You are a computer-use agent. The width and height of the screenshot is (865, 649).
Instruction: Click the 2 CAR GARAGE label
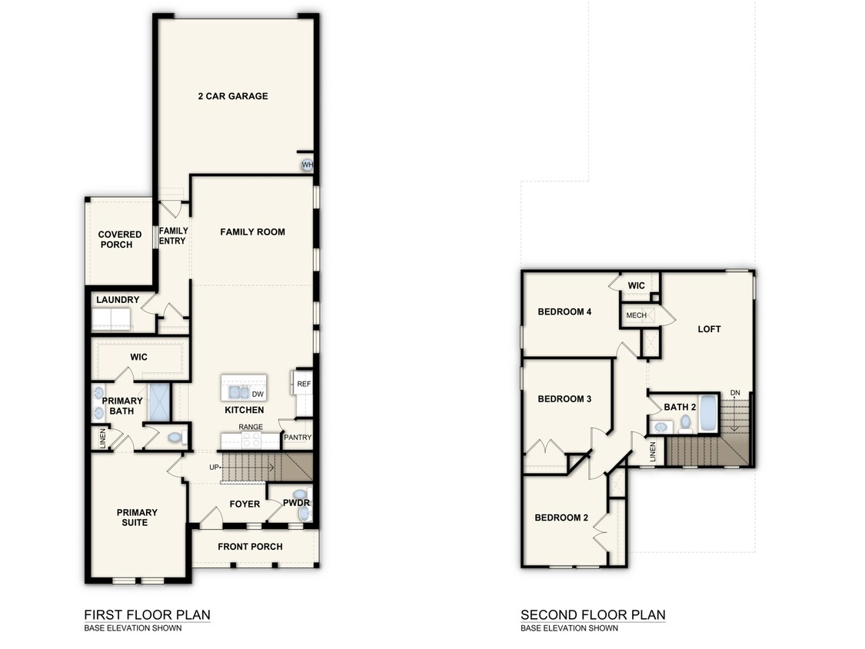tap(232, 96)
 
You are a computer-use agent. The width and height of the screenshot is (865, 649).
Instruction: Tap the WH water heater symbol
tap(307, 165)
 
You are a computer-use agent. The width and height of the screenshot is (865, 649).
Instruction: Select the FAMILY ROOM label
tap(252, 231)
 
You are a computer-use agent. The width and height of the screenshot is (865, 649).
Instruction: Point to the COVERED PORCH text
tap(120, 239)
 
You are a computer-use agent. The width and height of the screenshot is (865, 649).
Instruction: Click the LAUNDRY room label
tap(118, 300)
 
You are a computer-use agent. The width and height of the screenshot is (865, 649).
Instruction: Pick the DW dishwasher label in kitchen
tap(258, 394)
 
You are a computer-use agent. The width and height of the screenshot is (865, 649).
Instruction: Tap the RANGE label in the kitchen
tap(251, 427)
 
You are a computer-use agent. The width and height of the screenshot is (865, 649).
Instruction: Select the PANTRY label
tap(297, 438)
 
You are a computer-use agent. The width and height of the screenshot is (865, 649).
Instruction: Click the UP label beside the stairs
tap(215, 467)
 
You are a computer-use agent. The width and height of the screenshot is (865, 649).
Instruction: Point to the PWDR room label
tap(296, 504)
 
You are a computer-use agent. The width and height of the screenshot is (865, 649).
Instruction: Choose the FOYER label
tap(245, 504)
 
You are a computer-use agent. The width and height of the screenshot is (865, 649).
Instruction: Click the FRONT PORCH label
tap(250, 547)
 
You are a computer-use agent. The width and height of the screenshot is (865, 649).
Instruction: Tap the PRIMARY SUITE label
tap(137, 518)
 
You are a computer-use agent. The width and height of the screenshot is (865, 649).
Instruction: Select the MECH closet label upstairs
tap(636, 315)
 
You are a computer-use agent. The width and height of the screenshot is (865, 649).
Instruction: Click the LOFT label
tap(709, 329)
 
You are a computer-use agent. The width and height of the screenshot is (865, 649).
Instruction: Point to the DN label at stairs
tap(735, 393)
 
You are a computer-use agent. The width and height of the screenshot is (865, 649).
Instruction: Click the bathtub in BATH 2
tap(708, 414)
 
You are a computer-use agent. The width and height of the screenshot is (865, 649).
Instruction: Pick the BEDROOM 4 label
tap(564, 311)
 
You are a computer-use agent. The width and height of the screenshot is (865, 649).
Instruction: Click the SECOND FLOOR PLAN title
tap(593, 614)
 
